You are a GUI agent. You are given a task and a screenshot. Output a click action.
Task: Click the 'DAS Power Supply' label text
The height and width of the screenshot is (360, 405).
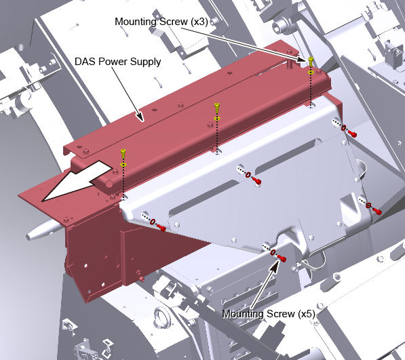click(118, 62)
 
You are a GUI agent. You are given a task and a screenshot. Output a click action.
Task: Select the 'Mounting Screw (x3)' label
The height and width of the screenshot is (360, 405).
click(161, 22)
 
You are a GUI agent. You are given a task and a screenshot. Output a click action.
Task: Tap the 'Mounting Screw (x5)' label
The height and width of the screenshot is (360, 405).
click(269, 314)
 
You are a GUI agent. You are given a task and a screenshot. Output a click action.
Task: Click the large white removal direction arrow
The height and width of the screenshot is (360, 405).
click(77, 180)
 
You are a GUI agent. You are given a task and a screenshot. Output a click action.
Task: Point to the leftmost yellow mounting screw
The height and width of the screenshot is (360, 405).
click(123, 153)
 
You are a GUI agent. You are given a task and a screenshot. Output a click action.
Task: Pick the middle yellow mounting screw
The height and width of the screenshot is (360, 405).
click(217, 108)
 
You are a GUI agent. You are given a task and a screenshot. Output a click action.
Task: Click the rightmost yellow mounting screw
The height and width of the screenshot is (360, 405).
click(311, 62)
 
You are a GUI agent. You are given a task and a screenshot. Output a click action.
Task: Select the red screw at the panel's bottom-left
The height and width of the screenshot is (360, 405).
click(161, 228)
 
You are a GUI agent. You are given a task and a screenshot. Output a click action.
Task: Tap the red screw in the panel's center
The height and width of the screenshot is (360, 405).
click(257, 181)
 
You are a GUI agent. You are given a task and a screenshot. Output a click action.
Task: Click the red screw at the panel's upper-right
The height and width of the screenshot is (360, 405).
click(353, 134)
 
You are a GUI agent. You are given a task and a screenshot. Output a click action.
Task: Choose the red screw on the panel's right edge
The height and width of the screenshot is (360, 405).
click(377, 212)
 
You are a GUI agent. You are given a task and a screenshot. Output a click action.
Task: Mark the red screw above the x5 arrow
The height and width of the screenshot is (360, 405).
click(282, 258)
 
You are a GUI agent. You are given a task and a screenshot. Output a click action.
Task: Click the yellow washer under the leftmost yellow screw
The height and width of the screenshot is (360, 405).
click(123, 165)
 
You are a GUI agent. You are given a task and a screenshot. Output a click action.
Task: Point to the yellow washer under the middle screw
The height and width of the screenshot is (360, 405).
click(217, 119)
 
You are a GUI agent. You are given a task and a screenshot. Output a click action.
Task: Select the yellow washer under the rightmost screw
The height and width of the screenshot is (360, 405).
click(311, 73)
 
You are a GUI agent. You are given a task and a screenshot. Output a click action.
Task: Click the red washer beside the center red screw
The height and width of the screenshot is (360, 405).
click(248, 175)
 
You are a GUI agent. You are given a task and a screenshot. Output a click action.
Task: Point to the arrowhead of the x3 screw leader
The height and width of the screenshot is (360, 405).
click(301, 60)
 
